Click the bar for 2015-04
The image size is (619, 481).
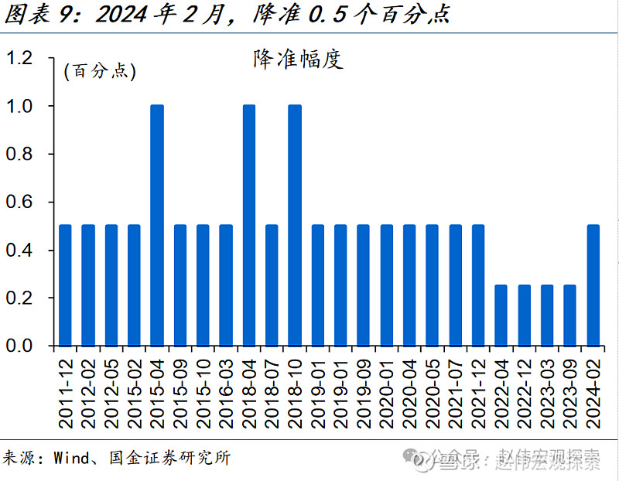tap(157, 225)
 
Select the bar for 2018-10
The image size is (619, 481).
tap(295, 225)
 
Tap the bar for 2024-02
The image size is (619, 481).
tap(593, 285)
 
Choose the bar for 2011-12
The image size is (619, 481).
tap(65, 285)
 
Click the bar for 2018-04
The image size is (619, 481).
tap(249, 225)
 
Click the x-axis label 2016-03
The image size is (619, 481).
tap(226, 391)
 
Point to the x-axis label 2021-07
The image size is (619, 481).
tap(456, 391)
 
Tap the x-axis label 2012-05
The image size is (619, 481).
tap(111, 391)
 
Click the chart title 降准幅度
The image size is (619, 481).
tap(298, 60)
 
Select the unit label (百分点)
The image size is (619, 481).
tap(99, 73)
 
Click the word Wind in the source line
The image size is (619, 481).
tap(72, 458)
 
